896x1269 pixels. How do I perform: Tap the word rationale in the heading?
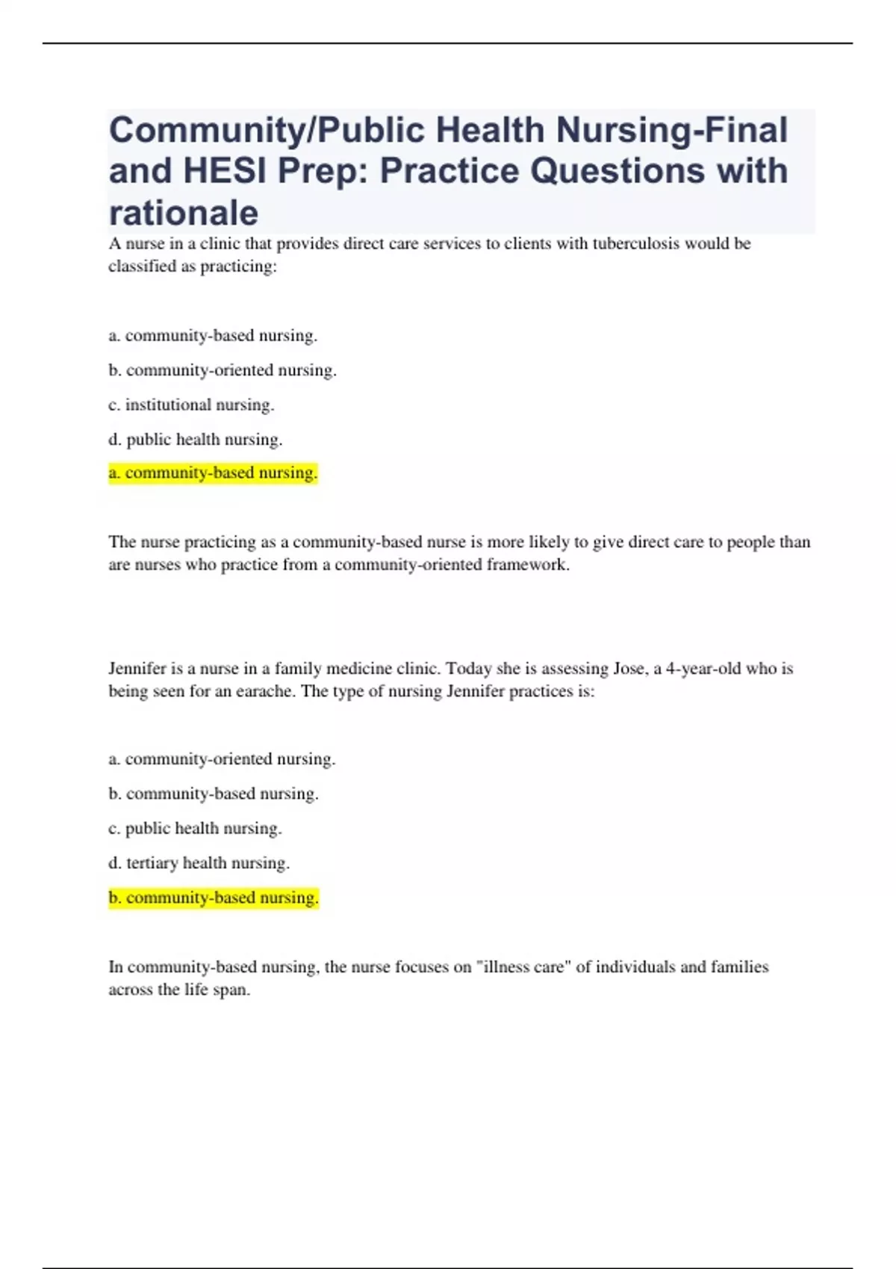(184, 213)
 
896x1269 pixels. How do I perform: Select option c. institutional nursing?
(191, 405)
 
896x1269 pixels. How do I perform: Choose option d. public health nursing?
(195, 440)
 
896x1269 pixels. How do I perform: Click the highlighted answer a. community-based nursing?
(213, 473)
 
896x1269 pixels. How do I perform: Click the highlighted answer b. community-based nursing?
(214, 897)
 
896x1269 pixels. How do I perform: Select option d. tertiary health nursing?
(199, 863)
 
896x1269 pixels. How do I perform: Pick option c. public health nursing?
(195, 828)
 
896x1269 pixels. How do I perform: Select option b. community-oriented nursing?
(223, 370)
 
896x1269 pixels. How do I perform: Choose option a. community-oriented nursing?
(222, 759)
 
